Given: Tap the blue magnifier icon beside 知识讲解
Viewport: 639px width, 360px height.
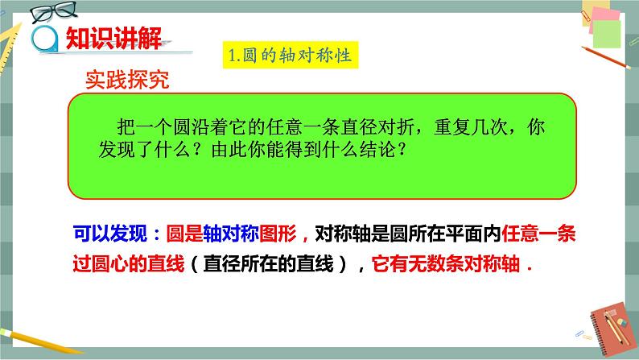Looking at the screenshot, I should [43, 37].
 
